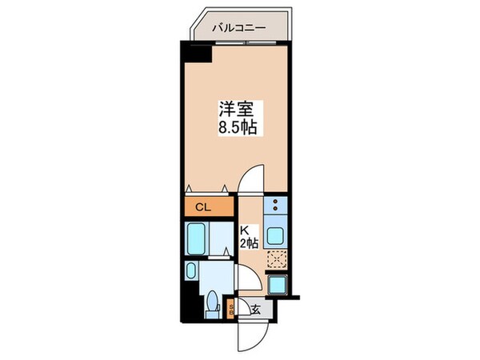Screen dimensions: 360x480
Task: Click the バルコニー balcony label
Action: tap(238, 28)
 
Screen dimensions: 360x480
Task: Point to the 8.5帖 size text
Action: tap(234, 128)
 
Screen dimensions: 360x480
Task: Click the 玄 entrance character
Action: tap(255, 308)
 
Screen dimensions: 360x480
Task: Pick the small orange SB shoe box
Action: tap(232, 308)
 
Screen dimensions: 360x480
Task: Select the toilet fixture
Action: tap(214, 305)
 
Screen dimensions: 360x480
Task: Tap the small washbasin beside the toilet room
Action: tap(191, 271)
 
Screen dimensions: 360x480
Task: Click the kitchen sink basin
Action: tap(277, 236)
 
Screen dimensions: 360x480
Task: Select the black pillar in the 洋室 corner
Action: tap(196, 54)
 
